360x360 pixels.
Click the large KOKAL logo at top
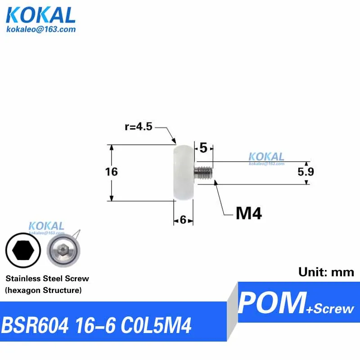(x=40, y=15)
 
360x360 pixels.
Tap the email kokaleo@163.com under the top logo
(x=40, y=29)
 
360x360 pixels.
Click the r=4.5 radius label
(x=139, y=127)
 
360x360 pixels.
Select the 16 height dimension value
(x=111, y=171)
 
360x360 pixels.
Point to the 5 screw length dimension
(x=203, y=148)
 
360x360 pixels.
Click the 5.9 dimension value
(x=306, y=172)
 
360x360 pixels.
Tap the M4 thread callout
(x=248, y=213)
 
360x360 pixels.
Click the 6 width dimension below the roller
(x=183, y=220)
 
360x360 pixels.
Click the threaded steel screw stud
(x=203, y=172)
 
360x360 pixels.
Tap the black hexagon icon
(x=23, y=250)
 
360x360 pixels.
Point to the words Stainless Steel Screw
(x=47, y=279)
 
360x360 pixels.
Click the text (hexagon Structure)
(x=44, y=291)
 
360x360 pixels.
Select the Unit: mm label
(x=326, y=272)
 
